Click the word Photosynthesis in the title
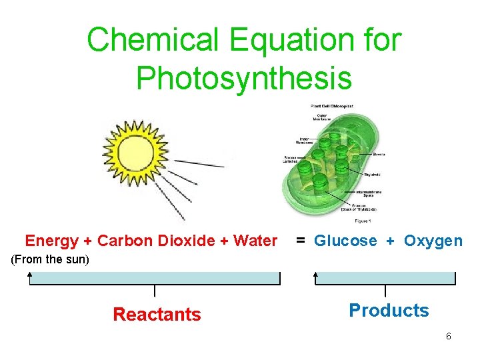coord(243,77)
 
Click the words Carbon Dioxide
coord(159,241)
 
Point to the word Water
coord(255,241)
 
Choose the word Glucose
coord(345,241)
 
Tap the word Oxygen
coord(433,241)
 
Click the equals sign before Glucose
coord(301,241)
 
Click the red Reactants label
coord(157,314)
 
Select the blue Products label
coord(389,310)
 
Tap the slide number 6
coord(449,336)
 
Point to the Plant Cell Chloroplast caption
coord(331,106)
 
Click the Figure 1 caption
coord(363,220)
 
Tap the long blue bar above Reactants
coord(155,279)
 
